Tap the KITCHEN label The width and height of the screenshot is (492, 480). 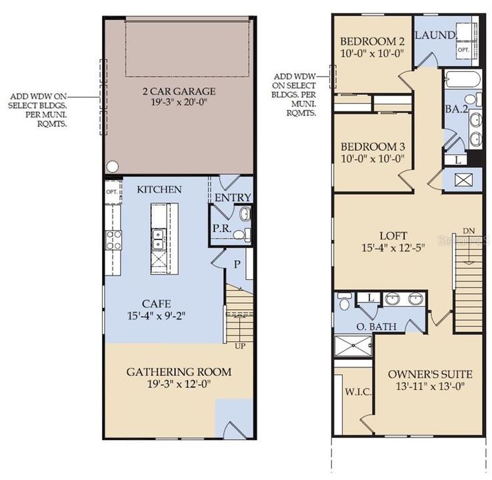[x=159, y=190]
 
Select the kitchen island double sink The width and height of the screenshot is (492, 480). [x=159, y=238]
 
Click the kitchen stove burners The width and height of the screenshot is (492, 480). [x=113, y=239]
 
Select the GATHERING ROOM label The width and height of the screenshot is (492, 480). [x=178, y=371]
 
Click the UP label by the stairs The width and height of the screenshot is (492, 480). [x=239, y=347]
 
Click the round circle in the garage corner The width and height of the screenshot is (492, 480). [x=112, y=166]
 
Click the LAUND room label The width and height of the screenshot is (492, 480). [x=435, y=35]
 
